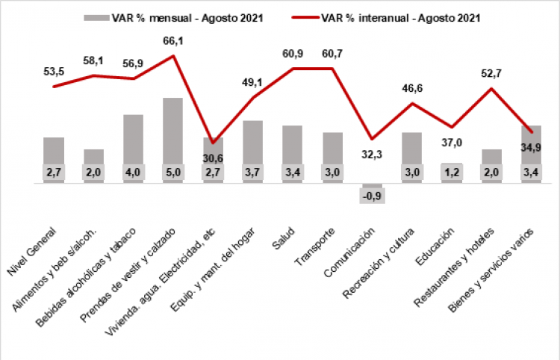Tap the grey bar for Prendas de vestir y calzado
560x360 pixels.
click(172, 131)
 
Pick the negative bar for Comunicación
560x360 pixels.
click(372, 186)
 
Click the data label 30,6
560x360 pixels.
click(213, 158)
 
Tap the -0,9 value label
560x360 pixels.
click(372, 196)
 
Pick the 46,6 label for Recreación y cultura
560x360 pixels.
click(411, 88)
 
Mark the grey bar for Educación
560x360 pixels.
click(451, 165)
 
